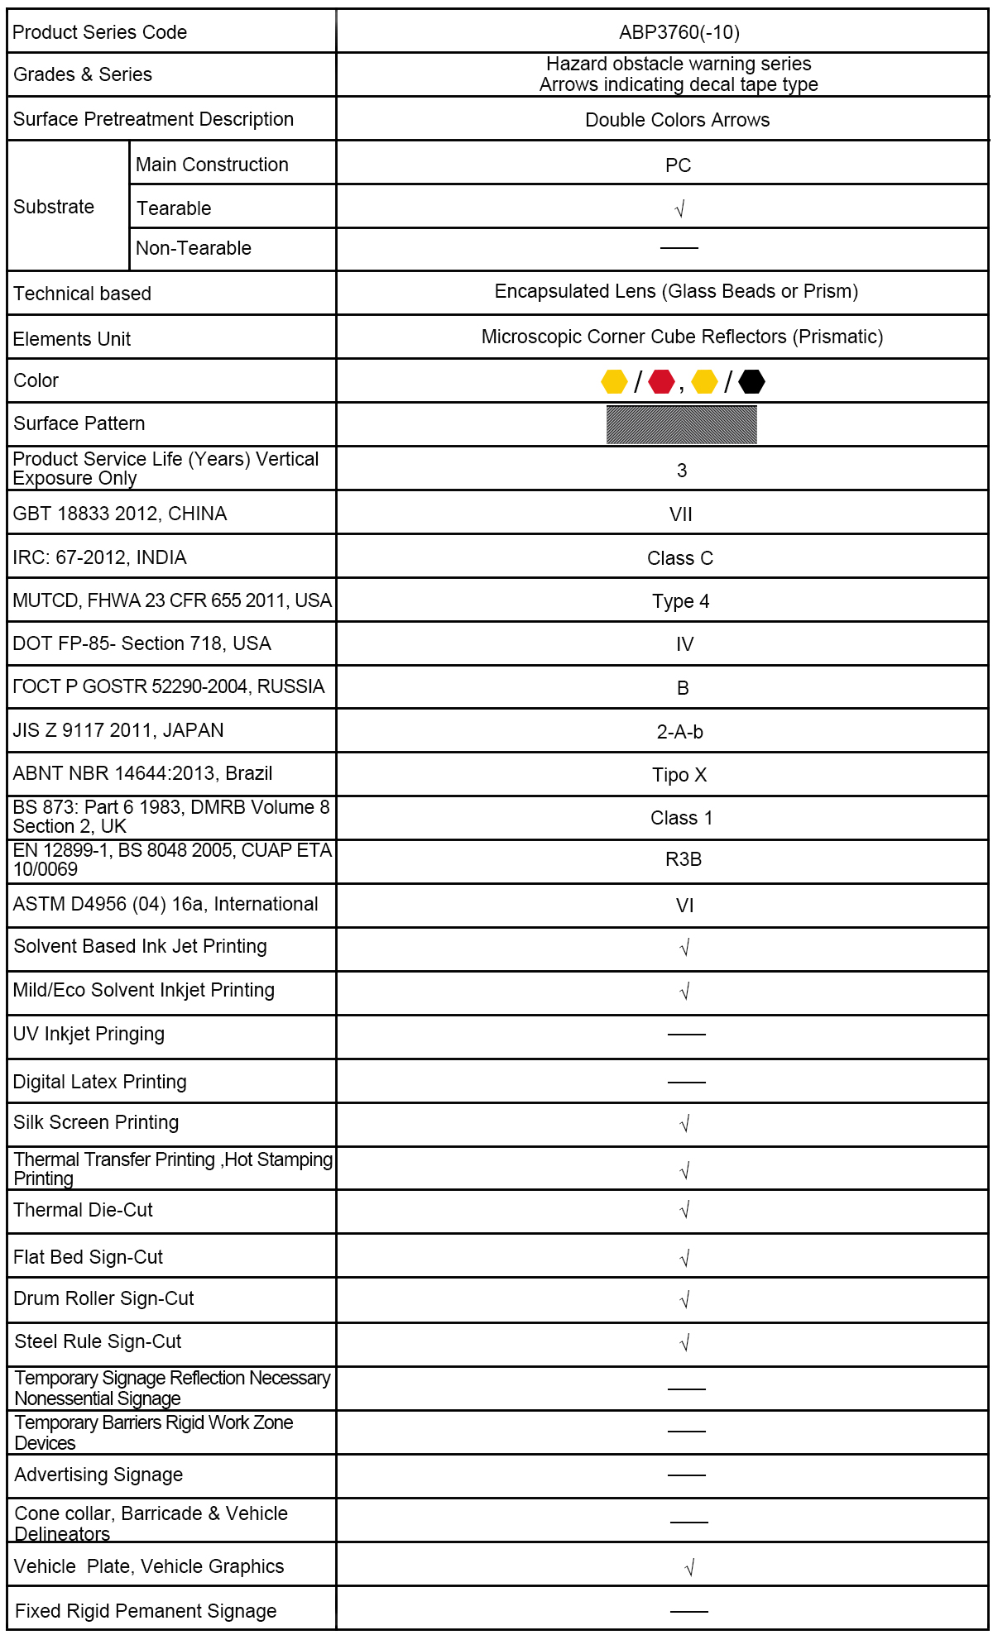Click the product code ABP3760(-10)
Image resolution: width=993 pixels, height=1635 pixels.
(679, 32)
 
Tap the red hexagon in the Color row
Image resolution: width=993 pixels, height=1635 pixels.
(661, 381)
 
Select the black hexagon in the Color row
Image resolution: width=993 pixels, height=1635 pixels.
(751, 381)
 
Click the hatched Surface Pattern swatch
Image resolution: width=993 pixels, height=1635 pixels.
(681, 424)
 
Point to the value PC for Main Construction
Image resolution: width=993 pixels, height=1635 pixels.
(678, 165)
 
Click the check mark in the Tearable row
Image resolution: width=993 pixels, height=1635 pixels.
(680, 209)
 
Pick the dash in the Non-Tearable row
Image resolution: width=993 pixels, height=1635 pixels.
(679, 247)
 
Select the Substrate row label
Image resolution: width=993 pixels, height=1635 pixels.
(54, 207)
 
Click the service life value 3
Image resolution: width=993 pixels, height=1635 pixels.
(682, 471)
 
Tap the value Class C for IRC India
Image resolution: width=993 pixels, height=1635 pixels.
(680, 558)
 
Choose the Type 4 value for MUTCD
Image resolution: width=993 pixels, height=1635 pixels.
(680, 601)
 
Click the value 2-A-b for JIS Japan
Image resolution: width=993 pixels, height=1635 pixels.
(680, 732)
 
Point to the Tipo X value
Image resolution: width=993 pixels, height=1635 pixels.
(679, 775)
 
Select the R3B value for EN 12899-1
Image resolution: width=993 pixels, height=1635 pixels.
(684, 859)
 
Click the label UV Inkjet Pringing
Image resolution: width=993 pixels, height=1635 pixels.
(89, 1034)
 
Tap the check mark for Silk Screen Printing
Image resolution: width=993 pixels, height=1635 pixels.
(684, 1124)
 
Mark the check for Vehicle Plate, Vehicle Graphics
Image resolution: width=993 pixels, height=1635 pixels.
(689, 1567)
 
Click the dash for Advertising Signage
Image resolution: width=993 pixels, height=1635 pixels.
(687, 1475)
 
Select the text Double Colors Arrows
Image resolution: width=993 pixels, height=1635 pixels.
(677, 120)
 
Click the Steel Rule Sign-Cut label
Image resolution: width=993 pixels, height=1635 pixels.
(98, 1341)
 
